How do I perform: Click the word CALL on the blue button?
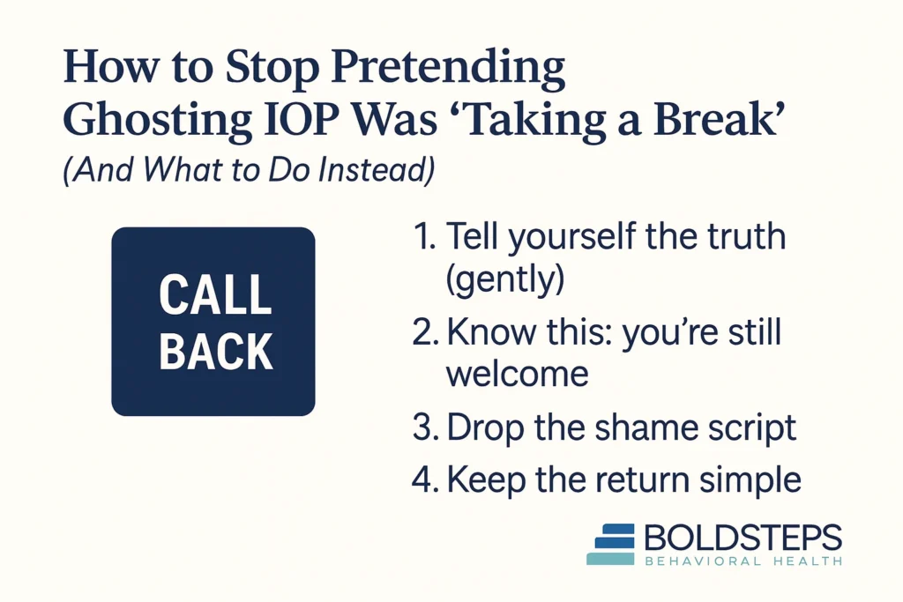214,294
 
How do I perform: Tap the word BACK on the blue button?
215,350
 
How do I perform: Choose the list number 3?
424,428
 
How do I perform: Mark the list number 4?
424,480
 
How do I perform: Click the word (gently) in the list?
504,280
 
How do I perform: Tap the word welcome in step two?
517,374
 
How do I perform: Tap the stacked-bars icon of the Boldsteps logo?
610,543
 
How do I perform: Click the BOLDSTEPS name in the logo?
743,537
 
